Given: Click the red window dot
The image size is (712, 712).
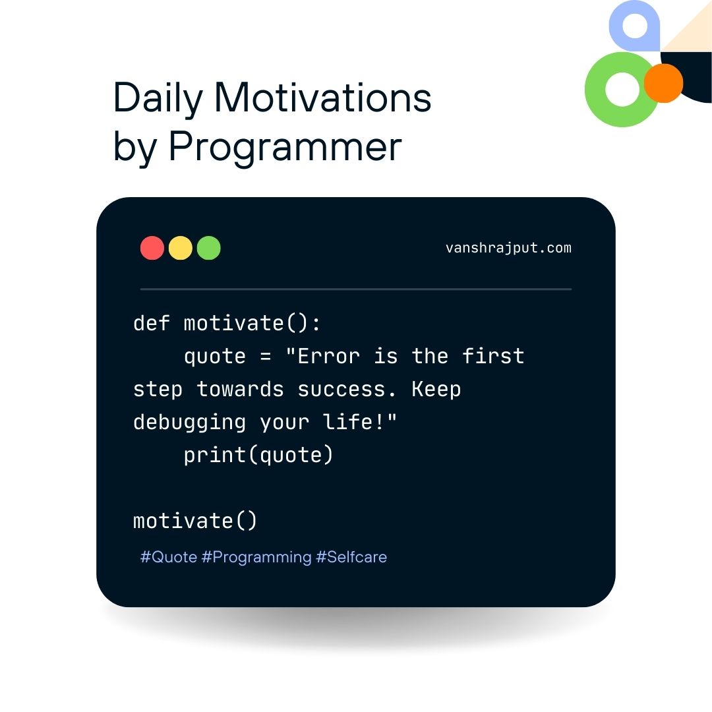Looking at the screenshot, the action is coord(152,248).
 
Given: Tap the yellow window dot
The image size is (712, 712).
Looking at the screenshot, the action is coord(180,248).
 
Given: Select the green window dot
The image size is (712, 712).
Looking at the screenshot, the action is coord(208,248).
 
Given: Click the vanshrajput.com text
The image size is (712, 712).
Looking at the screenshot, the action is coord(508,249).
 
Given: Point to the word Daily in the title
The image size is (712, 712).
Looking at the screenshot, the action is coord(158,99).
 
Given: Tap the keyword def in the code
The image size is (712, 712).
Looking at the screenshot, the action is coord(152,323).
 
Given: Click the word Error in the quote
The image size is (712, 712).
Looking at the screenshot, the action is coord(329,357).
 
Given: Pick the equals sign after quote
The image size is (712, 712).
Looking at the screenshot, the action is coord(266,357).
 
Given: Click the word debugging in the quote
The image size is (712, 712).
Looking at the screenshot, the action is coord(189,423).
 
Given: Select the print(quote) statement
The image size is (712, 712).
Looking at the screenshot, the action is coord(258,456).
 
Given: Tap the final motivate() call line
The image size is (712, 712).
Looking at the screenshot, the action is coord(195,521).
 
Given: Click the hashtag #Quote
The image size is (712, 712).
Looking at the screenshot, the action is coord(169,557).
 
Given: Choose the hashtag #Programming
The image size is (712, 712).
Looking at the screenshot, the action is coord(256,558).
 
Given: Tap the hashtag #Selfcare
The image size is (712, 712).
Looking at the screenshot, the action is coord(351,556).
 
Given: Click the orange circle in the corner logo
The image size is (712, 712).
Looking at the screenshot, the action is coord(664,83).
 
